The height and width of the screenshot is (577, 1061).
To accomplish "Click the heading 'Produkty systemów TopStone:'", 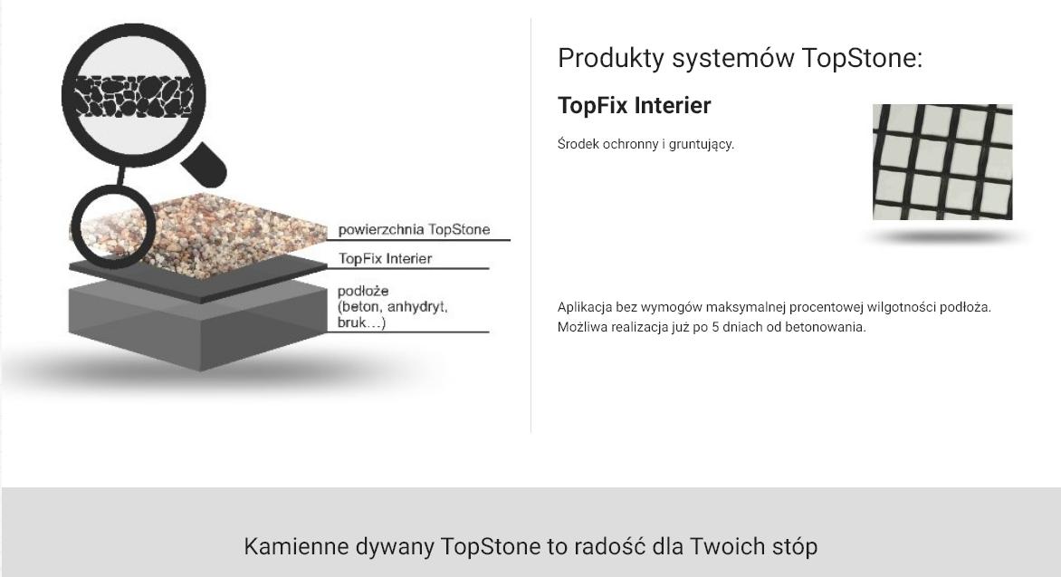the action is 740,58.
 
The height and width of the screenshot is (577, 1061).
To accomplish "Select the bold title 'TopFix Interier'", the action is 634,106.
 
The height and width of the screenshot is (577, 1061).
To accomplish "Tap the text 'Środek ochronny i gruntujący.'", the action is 645,144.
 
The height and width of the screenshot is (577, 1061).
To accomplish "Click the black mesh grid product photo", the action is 942,162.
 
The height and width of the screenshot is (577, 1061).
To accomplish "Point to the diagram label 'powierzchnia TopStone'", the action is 414,229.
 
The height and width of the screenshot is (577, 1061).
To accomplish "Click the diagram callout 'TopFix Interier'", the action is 385,259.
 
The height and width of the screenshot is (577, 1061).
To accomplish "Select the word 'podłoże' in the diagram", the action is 363,291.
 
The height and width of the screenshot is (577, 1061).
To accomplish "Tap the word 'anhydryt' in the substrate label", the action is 416,307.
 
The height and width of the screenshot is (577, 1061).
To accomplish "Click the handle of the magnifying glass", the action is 205,165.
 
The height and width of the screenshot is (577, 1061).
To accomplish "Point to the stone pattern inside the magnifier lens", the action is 133,96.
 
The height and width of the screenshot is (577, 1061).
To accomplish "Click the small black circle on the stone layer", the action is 114,226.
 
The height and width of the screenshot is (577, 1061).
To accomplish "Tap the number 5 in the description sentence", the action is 715,327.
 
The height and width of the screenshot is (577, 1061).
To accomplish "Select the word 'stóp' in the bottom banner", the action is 795,546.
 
